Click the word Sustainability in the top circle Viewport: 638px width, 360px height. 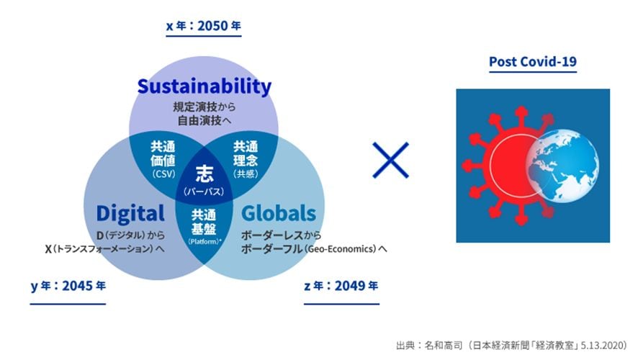coord(205,86)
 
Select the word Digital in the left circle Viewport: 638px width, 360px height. coord(130,214)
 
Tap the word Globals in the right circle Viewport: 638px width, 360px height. coord(279,213)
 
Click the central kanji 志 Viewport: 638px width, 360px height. coord(204,174)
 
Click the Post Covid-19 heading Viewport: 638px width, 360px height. coord(533,61)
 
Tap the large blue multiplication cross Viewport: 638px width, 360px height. coord(390,161)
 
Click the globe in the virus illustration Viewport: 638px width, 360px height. coord(562,166)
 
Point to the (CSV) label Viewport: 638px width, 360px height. coord(163,174)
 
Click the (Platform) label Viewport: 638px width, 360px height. coord(205,241)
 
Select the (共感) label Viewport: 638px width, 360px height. coord(246,174)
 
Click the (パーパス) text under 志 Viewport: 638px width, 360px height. coord(204,192)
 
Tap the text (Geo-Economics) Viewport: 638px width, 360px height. coord(341,248)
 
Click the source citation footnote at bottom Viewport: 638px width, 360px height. coord(512,346)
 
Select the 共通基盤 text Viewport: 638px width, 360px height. coord(204,222)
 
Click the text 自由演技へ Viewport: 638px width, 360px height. coord(205,120)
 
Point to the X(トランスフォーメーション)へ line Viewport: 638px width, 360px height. coord(104,248)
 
